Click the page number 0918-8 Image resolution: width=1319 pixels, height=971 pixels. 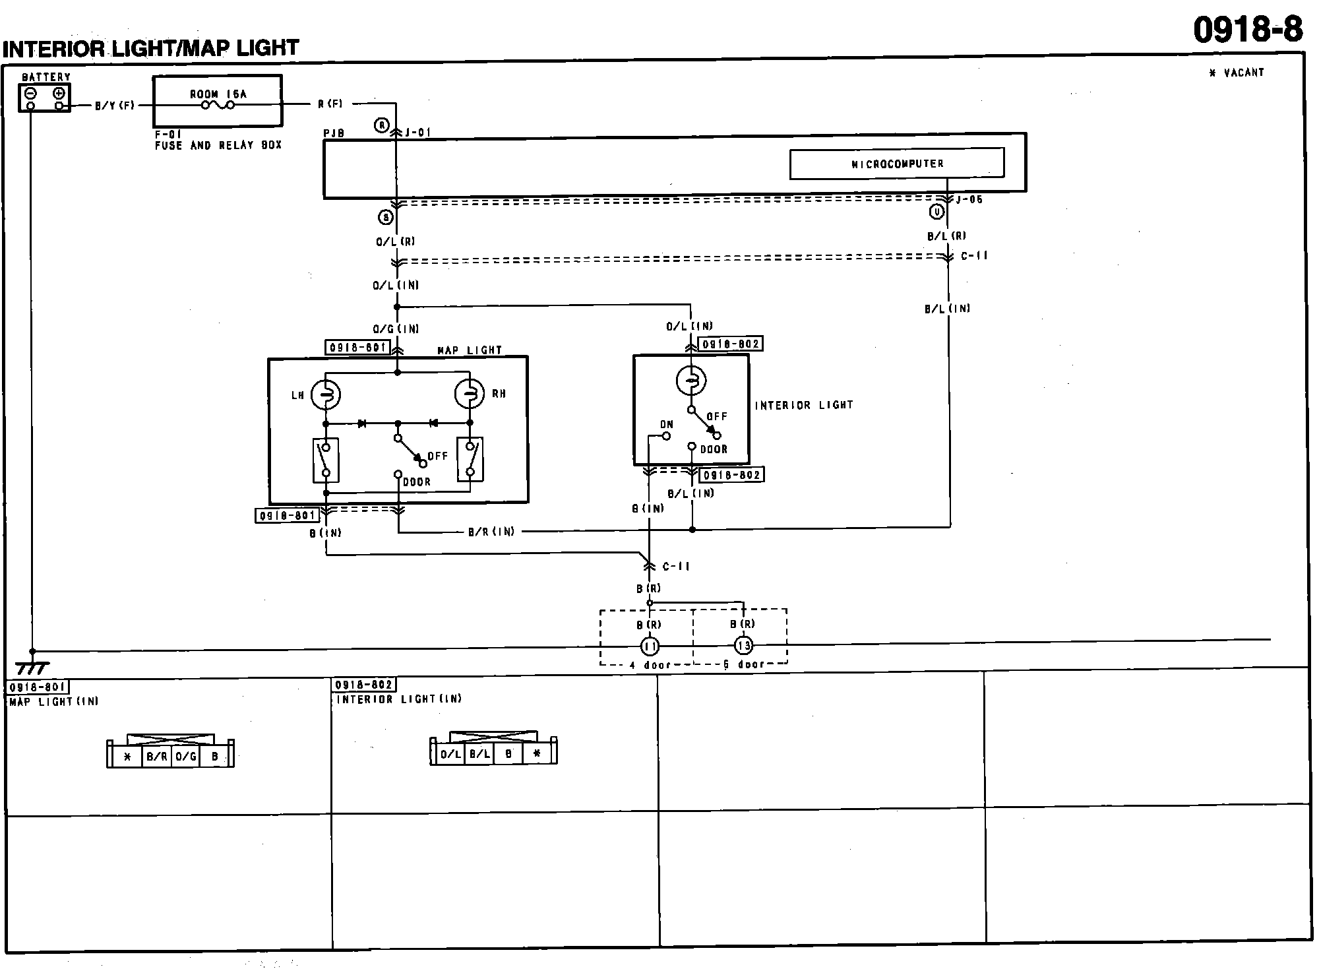coord(1248,30)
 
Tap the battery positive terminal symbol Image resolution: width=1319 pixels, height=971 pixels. coord(59,93)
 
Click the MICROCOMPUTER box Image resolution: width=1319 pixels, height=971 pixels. coord(896,164)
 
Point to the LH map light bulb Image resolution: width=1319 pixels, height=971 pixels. coord(325,394)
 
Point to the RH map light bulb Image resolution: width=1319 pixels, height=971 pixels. coord(470,394)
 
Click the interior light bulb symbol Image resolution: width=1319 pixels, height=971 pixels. coord(691,381)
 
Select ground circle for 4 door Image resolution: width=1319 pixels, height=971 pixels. coord(650,646)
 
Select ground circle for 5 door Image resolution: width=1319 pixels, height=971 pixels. coord(743,646)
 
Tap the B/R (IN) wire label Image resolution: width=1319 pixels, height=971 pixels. coord(491,532)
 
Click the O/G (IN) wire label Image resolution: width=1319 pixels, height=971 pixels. coord(396,329)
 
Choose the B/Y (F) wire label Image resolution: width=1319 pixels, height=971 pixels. coord(115,106)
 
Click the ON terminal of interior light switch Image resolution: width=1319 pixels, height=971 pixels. coord(666,435)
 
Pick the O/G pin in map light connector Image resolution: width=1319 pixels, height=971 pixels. coord(186,757)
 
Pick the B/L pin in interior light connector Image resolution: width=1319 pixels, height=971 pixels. coord(479,753)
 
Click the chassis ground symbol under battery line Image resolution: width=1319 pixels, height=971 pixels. coord(32,668)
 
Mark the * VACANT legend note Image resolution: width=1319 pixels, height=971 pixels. coord(1237,73)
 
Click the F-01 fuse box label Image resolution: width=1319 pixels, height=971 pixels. coord(168,133)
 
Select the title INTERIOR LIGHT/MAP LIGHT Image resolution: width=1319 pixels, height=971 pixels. coord(151,48)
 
